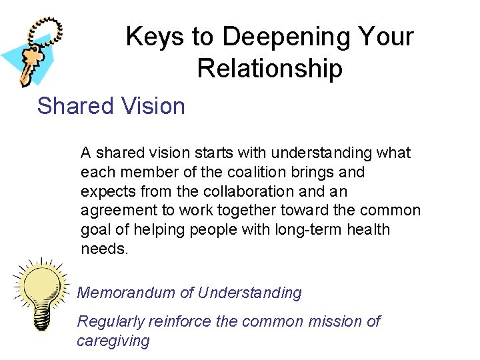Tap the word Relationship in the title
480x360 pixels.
click(269, 69)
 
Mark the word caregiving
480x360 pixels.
click(113, 341)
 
